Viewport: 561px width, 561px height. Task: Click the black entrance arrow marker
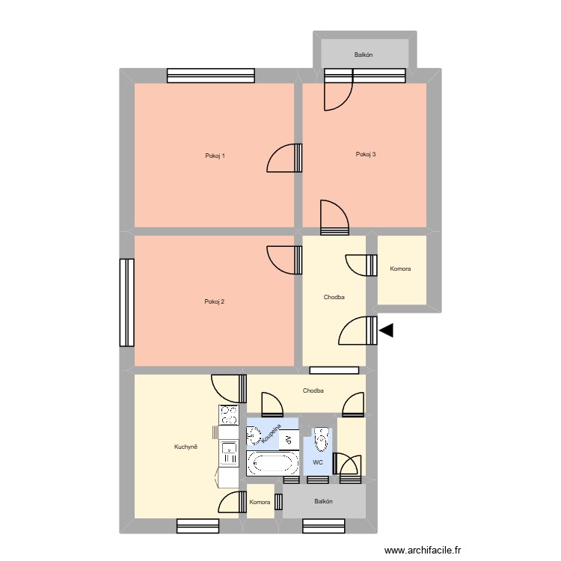pos(386,330)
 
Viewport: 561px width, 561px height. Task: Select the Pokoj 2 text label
pos(215,302)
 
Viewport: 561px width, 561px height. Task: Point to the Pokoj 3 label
pos(366,155)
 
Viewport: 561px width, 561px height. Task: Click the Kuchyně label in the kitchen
pos(186,447)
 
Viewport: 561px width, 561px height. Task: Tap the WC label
pos(318,463)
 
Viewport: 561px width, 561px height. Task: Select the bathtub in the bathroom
pos(271,463)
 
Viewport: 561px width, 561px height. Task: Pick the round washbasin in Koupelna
pos(254,435)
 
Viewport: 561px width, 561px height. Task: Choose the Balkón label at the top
pos(364,55)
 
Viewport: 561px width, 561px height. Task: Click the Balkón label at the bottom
pos(324,502)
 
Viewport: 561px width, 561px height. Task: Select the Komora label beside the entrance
pos(400,269)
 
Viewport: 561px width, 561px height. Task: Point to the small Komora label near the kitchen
pos(260,503)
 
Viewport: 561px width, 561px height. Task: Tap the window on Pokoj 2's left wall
pos(126,303)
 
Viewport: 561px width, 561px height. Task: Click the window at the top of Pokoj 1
pos(211,75)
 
